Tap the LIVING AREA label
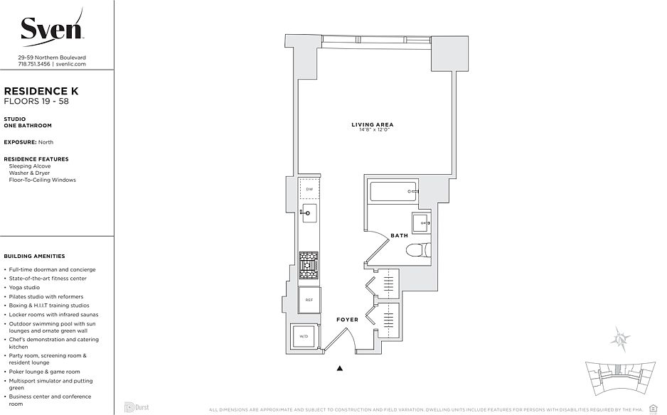pyautogui.click(x=372, y=125)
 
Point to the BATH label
pyautogui.click(x=398, y=235)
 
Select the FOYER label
pyautogui.click(x=347, y=320)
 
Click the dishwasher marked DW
pyautogui.click(x=309, y=190)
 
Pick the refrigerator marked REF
pyautogui.click(x=309, y=300)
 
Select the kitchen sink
pyautogui.click(x=309, y=211)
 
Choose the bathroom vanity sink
pyautogui.click(x=421, y=223)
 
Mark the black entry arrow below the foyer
pyautogui.click(x=340, y=368)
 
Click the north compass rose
pyautogui.click(x=622, y=340)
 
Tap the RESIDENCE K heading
pyautogui.click(x=41, y=92)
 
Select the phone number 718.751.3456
pyautogui.click(x=34, y=64)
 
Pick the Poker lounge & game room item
pyautogui.click(x=44, y=372)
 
